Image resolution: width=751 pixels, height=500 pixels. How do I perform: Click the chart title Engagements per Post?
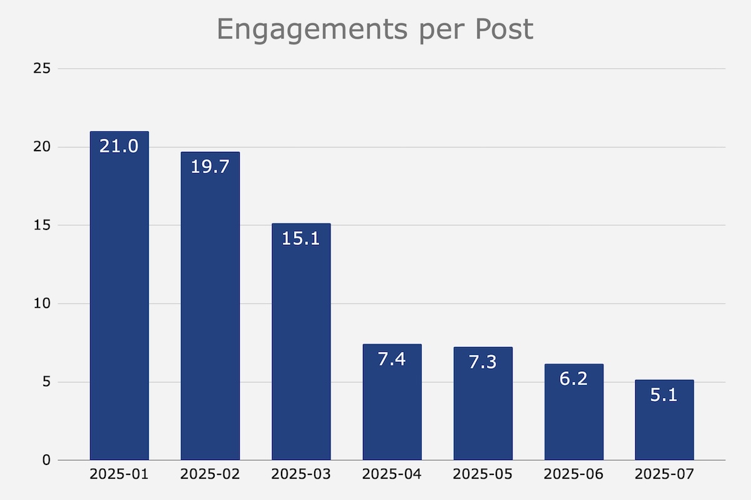pyautogui.click(x=375, y=29)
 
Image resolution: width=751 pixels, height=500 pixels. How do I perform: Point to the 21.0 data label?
pyautogui.click(x=119, y=147)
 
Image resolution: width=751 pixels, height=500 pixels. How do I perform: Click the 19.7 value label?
pyautogui.click(x=210, y=167)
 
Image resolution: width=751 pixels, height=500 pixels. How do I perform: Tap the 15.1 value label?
pyautogui.click(x=301, y=239)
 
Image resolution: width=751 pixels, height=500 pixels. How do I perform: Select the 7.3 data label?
pyautogui.click(x=483, y=362)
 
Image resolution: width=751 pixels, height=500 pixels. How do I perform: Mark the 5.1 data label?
pyautogui.click(x=664, y=395)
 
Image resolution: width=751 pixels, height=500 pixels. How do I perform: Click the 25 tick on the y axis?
pyautogui.click(x=42, y=68)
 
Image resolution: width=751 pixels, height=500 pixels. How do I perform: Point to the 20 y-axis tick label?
pyautogui.click(x=42, y=147)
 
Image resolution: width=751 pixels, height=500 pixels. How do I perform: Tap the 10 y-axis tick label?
pyautogui.click(x=42, y=304)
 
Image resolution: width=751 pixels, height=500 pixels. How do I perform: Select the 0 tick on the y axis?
pyautogui.click(x=46, y=461)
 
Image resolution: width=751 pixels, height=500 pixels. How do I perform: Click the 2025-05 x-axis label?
pyautogui.click(x=483, y=475)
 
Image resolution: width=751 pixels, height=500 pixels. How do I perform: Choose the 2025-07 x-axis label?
pyautogui.click(x=664, y=475)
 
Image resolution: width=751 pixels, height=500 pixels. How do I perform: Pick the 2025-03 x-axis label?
pyautogui.click(x=301, y=475)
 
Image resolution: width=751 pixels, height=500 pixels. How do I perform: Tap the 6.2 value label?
pyautogui.click(x=573, y=379)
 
